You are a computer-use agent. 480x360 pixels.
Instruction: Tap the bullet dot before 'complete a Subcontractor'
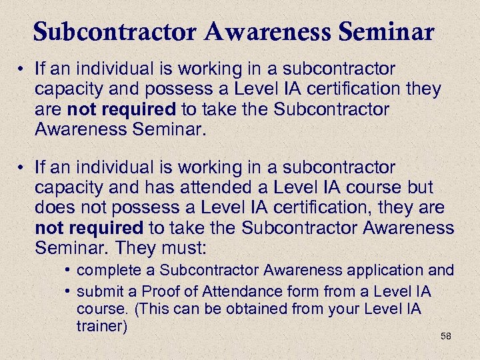tap(69, 271)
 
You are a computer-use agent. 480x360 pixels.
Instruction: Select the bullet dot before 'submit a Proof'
tap(69, 292)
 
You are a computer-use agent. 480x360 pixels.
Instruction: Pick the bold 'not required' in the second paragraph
tap(89, 228)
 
